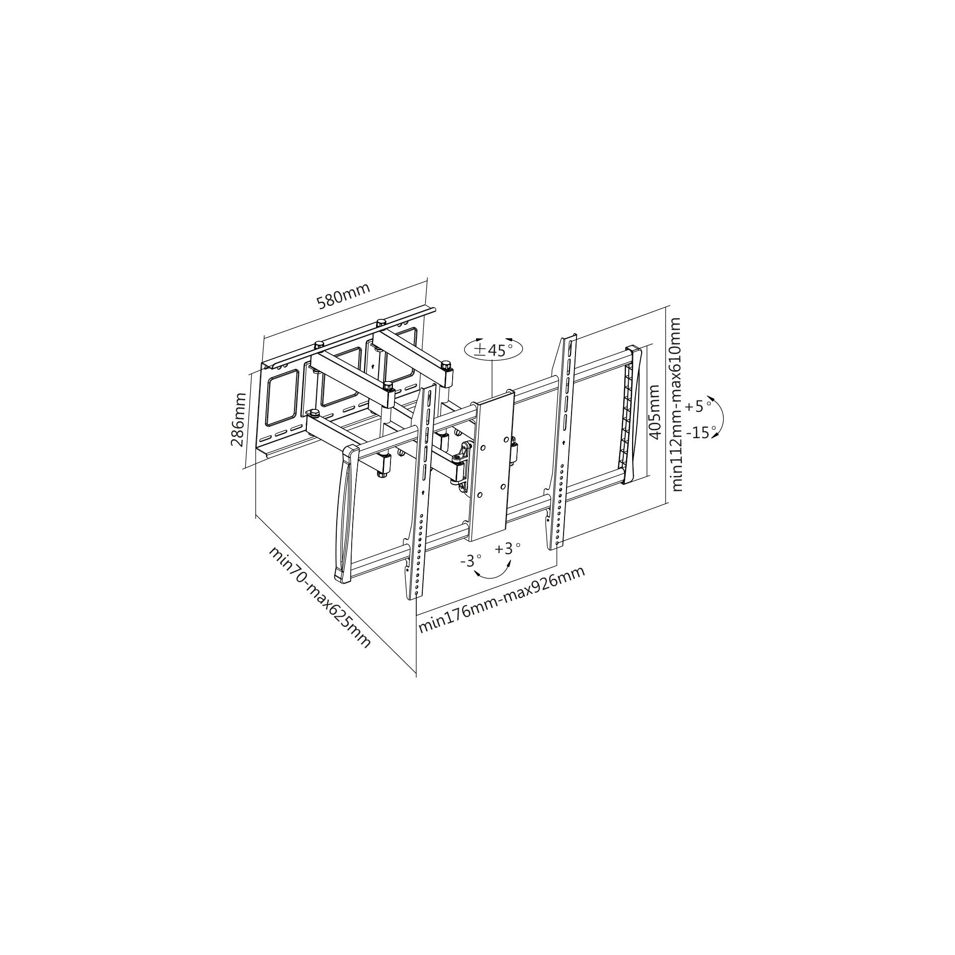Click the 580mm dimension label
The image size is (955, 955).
coord(343,297)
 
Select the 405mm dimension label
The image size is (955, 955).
coord(655,412)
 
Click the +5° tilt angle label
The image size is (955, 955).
coord(697,406)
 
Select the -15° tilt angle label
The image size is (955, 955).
coord(700,432)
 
